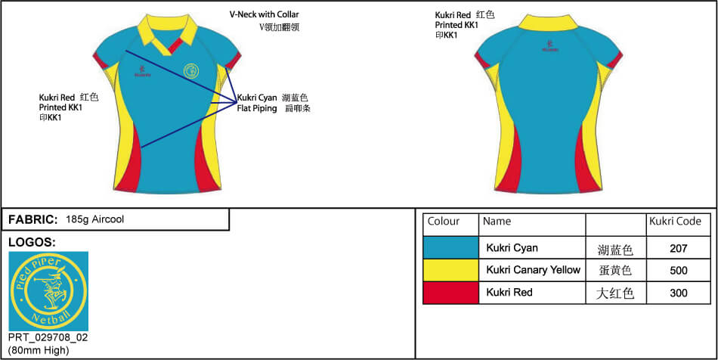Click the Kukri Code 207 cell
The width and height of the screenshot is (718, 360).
pos(678,248)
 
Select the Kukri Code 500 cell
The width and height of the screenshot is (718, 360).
pos(678,270)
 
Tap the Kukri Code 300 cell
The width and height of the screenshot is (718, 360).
pos(678,293)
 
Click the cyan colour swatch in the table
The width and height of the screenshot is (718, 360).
pos(450,247)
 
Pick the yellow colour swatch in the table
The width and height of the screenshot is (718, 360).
pos(450,270)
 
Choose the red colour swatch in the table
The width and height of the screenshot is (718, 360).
pos(450,293)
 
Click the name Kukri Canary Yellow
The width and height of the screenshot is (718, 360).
pos(533,270)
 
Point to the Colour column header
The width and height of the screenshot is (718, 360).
pos(444,222)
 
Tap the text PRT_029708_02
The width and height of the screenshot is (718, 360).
pos(48,337)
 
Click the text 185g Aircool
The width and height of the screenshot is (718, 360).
pos(94,219)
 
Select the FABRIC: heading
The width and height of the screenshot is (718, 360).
pos(33,219)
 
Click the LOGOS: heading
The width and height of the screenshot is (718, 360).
pos(32,242)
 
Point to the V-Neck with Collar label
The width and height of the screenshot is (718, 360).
pos(265,14)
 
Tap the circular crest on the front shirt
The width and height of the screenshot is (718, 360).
pos(192,71)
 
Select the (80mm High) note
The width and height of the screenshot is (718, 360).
pos(39,349)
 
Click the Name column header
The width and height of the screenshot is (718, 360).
pos(497,222)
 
